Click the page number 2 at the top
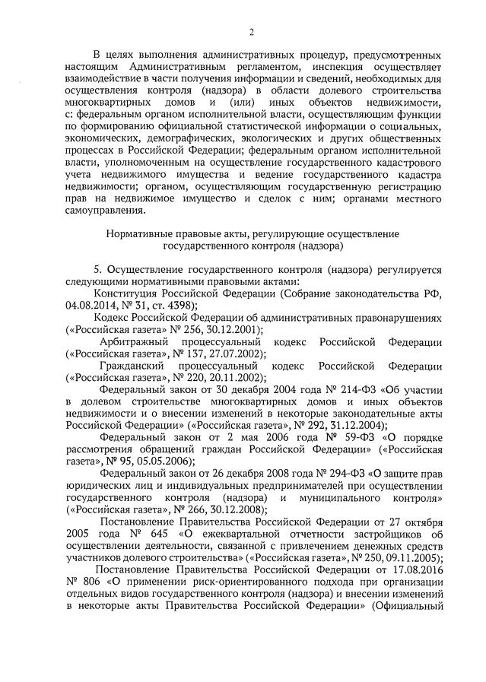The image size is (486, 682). pos(251,31)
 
